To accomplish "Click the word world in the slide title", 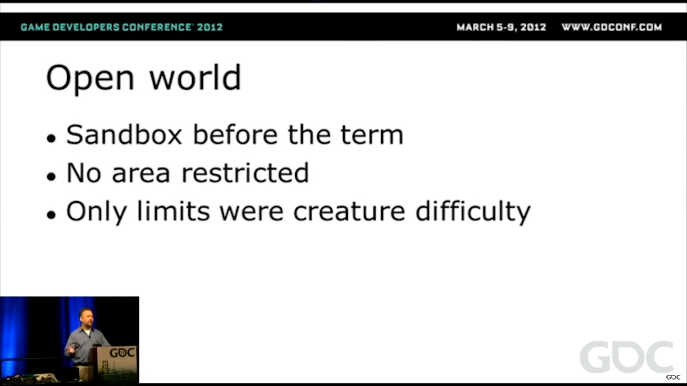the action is click(195, 77).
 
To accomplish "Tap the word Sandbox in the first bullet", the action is click(124, 135).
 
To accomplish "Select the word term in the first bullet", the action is click(372, 135).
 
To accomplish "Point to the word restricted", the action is click(245, 173).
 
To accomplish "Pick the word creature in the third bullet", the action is click(349, 212).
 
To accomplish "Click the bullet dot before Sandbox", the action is click(51, 138).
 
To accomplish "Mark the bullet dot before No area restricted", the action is click(51, 176).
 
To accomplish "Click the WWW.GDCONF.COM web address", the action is click(612, 27).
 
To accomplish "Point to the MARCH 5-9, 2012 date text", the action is click(501, 27).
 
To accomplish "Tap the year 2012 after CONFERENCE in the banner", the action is click(210, 27).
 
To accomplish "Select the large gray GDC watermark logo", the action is click(627, 357).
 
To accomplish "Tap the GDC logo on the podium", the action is click(122, 353).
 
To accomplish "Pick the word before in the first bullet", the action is click(235, 135).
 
